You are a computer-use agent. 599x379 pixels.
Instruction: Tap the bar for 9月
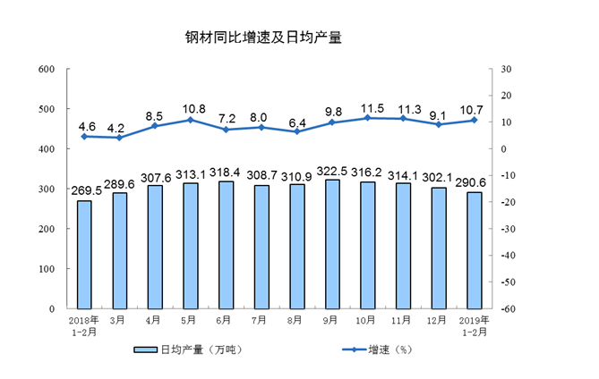coord(332,244)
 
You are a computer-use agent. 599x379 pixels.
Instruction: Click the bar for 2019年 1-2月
coord(475,250)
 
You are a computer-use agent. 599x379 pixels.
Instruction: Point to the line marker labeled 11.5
coord(368,117)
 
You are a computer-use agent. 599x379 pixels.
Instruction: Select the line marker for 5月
coord(190,120)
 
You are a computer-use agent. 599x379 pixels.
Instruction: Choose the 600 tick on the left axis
coord(47,70)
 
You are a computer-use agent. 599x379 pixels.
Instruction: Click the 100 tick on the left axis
coord(47,269)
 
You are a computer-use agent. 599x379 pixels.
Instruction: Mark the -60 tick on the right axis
coord(507,308)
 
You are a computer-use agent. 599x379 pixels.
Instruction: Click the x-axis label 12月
coord(439,319)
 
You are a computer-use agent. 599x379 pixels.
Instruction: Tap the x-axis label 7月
coord(261,319)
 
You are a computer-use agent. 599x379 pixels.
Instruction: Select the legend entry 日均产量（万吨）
coord(188,350)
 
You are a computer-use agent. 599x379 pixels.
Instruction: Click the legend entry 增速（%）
coord(374,350)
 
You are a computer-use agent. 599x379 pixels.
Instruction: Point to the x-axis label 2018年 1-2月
coord(84,324)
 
